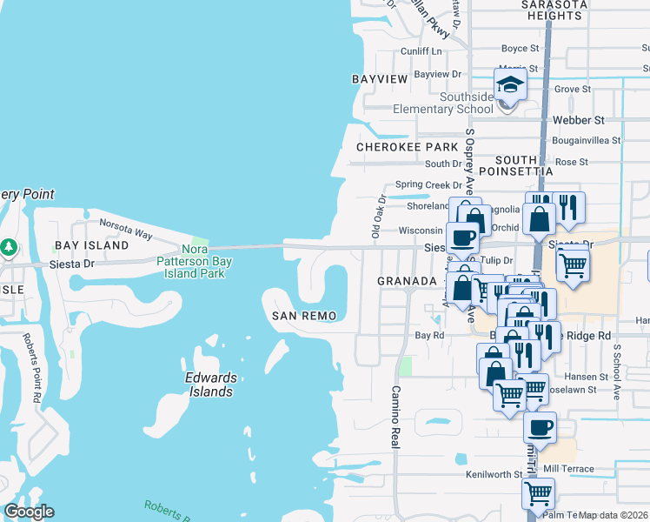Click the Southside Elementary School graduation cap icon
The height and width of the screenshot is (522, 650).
point(511,85)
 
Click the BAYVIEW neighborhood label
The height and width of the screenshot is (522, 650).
point(380,79)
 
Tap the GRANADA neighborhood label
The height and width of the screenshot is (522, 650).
point(406,281)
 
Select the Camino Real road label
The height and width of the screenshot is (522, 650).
point(395,417)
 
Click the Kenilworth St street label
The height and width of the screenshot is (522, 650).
point(493,475)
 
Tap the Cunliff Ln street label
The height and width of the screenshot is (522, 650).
point(421,51)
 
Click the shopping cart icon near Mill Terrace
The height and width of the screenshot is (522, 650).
point(539,492)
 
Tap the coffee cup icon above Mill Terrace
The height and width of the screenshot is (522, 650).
point(540,426)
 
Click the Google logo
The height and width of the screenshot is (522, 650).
point(30,512)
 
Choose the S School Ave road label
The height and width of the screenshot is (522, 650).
point(619,369)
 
